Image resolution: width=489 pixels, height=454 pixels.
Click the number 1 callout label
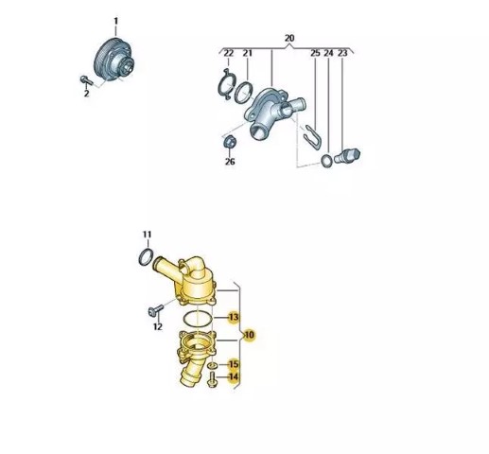tap(115, 22)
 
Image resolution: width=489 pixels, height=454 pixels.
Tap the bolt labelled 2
tap(86, 80)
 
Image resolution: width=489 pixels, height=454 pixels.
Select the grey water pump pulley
tap(113, 60)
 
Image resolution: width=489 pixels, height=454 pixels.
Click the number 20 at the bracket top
tap(289, 38)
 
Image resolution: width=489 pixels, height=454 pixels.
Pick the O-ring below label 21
tap(243, 93)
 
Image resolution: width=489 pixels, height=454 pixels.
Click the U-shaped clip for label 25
tap(313, 137)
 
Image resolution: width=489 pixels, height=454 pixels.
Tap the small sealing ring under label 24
tap(326, 161)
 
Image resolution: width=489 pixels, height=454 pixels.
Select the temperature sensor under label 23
tap(347, 156)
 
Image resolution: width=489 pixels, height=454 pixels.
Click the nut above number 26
tap(229, 142)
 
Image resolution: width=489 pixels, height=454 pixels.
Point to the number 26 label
tap(230, 162)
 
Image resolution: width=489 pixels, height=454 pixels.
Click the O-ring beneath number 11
tap(147, 257)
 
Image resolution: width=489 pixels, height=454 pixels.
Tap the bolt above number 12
tap(155, 310)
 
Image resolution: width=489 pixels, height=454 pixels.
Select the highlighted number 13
tap(234, 317)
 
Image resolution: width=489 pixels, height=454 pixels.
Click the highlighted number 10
tap(249, 335)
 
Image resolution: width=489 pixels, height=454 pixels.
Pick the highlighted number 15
tap(234, 364)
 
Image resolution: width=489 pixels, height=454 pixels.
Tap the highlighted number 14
tap(234, 376)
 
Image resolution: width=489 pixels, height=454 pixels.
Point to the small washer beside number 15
tap(212, 365)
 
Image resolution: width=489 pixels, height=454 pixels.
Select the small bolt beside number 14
tap(212, 379)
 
